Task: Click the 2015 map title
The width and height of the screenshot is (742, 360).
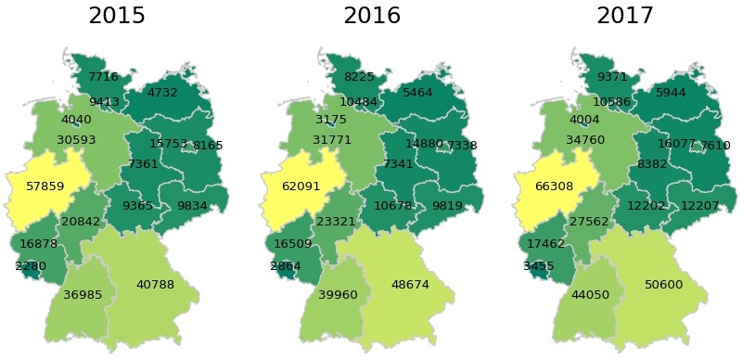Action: pyautogui.click(x=116, y=16)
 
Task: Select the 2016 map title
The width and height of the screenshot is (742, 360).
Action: pyautogui.click(x=372, y=16)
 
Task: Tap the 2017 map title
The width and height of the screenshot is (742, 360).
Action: pyautogui.click(x=625, y=16)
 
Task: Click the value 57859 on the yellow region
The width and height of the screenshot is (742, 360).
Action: pyautogui.click(x=45, y=186)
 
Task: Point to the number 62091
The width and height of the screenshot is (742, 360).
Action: pyautogui.click(x=301, y=186)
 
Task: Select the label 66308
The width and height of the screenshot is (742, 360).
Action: pyautogui.click(x=554, y=186)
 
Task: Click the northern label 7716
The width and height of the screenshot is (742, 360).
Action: pyautogui.click(x=103, y=76)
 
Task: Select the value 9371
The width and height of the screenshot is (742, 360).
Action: pyautogui.click(x=612, y=76)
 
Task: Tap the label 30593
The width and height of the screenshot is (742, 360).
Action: pyautogui.click(x=76, y=140)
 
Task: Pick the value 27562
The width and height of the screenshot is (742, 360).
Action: pyautogui.click(x=589, y=223)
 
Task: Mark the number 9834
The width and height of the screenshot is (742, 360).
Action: pyautogui.click(x=192, y=206)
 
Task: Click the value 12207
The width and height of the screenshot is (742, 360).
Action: pyautogui.click(x=700, y=206)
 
